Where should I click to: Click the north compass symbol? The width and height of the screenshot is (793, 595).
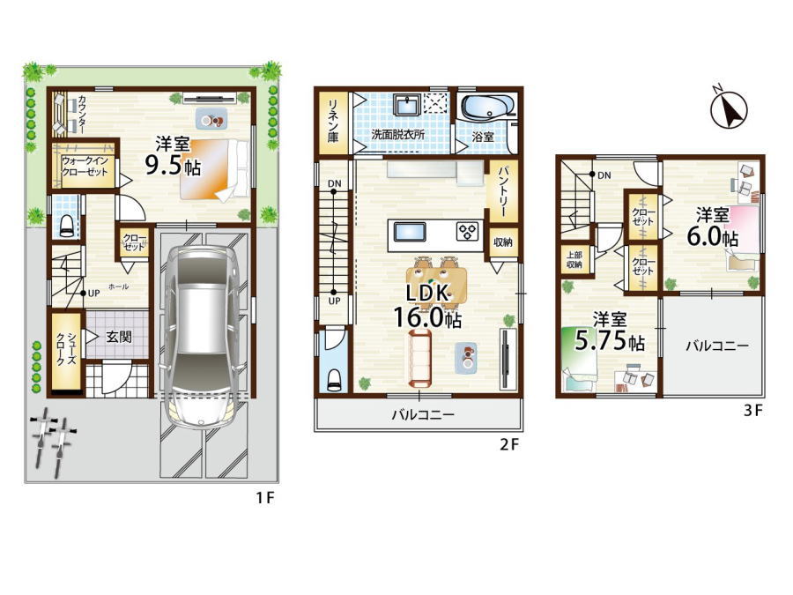pyautogui.click(x=729, y=108)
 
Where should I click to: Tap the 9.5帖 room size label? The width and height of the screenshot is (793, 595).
pyautogui.click(x=173, y=166)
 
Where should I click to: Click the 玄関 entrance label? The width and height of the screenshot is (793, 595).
pyautogui.click(x=118, y=337)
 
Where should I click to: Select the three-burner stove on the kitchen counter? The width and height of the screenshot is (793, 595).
pyautogui.click(x=468, y=232)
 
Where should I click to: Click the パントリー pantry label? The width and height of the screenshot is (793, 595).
pyautogui.click(x=503, y=191)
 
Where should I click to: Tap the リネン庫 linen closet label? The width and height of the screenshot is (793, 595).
pyautogui.click(x=333, y=120)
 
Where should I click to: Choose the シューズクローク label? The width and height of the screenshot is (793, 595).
pyautogui.click(x=66, y=349)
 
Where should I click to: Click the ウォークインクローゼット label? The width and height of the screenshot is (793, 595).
pyautogui.click(x=85, y=166)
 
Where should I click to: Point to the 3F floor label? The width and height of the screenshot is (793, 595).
pyautogui.click(x=752, y=410)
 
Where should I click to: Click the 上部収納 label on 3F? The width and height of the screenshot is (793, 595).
pyautogui.click(x=574, y=259)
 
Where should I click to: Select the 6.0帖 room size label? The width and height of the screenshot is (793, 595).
pyautogui.click(x=713, y=236)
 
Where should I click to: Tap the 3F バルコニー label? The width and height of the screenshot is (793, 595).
pyautogui.click(x=717, y=346)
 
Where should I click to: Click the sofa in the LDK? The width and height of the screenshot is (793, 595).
pyautogui.click(x=419, y=358)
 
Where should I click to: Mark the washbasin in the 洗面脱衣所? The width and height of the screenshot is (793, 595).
pyautogui.click(x=406, y=105)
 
